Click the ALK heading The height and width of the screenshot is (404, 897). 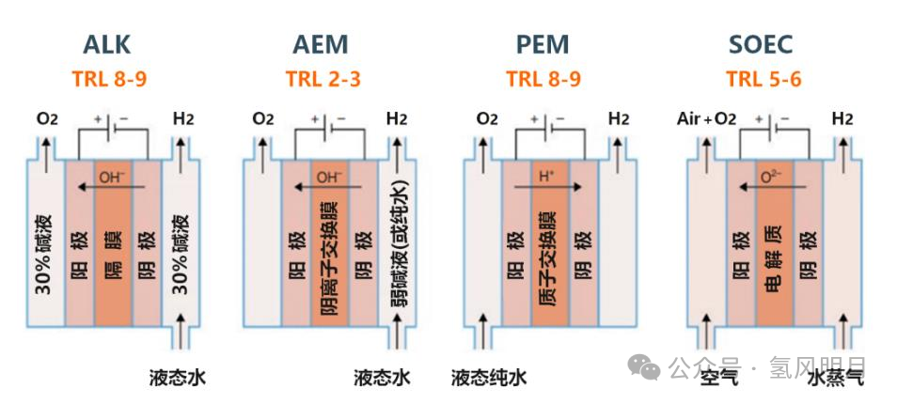(107, 45)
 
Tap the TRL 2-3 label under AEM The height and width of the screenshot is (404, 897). (323, 78)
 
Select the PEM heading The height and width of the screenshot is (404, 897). (543, 45)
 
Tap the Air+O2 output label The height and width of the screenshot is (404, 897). (706, 119)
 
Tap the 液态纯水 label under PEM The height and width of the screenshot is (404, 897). (489, 378)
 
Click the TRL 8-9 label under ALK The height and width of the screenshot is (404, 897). (108, 78)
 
